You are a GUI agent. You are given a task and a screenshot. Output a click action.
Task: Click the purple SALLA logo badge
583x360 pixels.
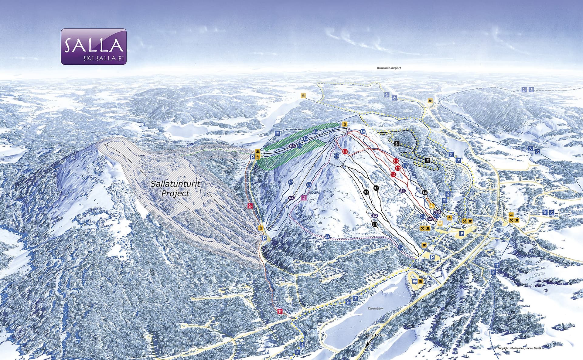point(94,46)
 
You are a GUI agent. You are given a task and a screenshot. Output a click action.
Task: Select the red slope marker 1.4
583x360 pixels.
point(345,151)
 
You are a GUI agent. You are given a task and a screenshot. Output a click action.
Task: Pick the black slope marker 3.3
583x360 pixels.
point(375,224)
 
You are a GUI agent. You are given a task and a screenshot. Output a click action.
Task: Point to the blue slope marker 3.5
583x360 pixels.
point(327,236)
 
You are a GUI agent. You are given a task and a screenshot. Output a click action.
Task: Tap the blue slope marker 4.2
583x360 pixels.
point(291,182)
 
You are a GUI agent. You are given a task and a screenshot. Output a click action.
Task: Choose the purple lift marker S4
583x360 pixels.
point(291,198)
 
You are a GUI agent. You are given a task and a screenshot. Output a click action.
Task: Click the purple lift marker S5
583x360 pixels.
point(292,146)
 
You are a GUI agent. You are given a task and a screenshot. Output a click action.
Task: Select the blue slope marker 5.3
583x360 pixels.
point(315,132)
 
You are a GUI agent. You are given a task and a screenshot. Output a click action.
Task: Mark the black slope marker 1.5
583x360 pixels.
point(424,192)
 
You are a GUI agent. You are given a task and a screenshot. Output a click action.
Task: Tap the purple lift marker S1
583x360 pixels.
point(403,191)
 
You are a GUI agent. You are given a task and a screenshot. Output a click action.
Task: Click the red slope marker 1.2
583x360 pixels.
point(398,168)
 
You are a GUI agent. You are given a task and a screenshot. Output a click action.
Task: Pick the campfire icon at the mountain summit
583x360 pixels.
point(344,124)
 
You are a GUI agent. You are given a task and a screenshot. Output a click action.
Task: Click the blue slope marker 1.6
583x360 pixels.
point(336,156)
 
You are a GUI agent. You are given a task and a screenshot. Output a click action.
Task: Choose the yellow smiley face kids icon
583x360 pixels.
point(439,223)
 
